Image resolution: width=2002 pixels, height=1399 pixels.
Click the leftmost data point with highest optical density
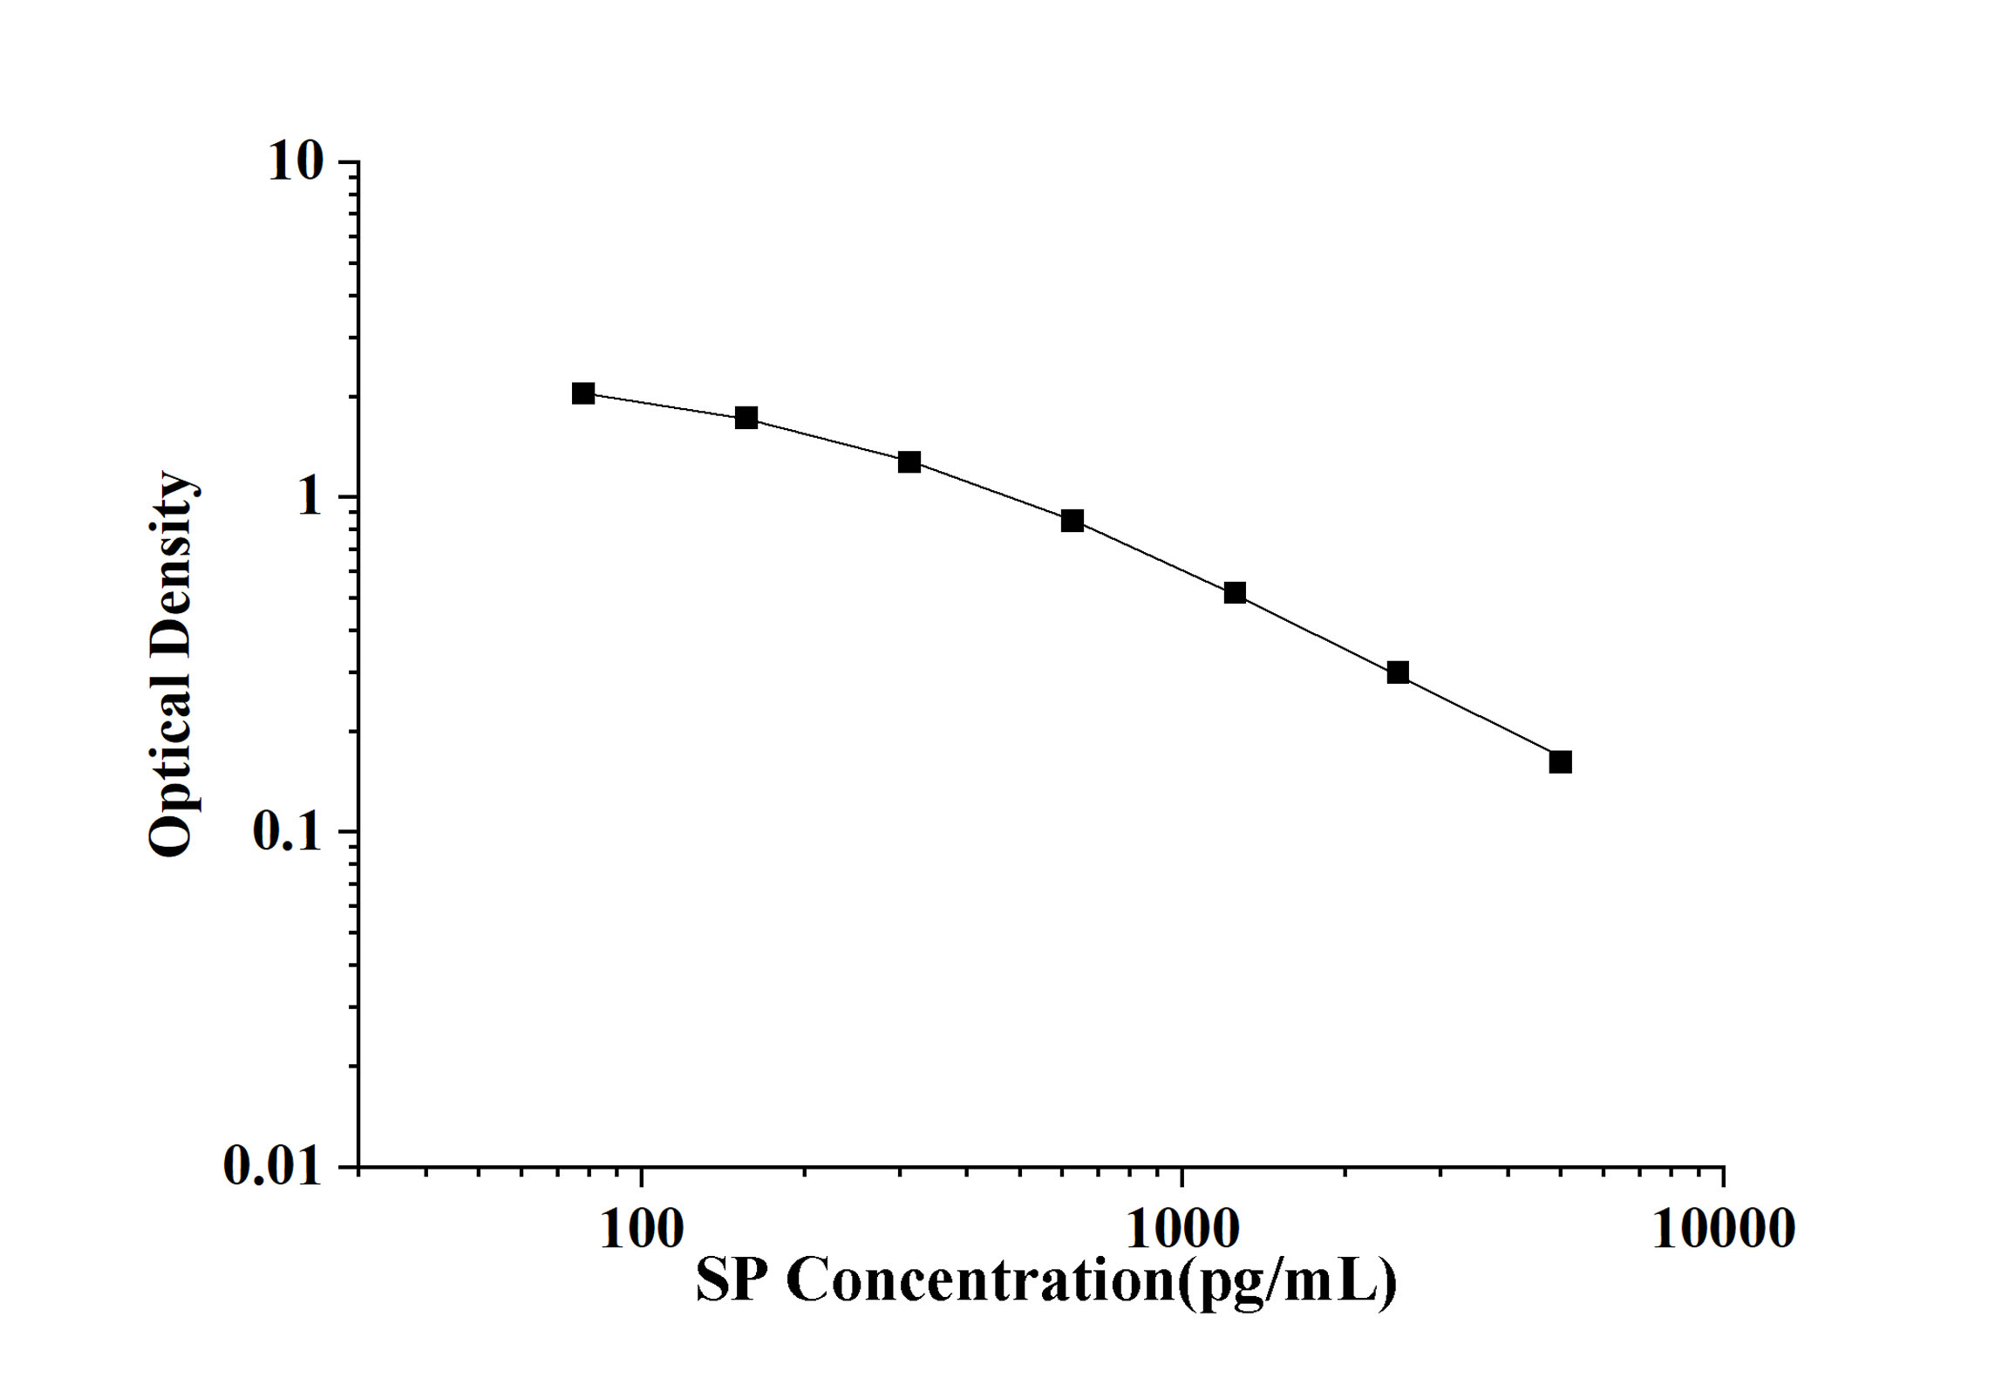point(583,393)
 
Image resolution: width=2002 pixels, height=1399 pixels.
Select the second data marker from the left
point(746,418)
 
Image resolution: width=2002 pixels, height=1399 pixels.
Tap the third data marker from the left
point(909,462)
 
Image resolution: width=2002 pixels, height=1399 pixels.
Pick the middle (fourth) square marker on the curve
point(1072,521)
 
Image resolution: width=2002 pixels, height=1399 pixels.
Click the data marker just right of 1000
point(1235,593)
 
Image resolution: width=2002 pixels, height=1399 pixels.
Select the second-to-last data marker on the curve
point(1398,672)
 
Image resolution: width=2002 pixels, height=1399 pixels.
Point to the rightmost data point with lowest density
point(1561,762)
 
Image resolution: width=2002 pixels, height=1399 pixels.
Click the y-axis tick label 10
point(296,162)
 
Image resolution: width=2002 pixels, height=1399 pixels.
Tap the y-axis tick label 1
point(310,497)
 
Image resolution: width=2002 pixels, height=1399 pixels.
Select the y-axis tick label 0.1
point(287,832)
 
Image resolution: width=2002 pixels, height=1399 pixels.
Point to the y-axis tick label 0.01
point(272,1165)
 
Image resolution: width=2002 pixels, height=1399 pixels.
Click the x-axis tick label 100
point(642,1231)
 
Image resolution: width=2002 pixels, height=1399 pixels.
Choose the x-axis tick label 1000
point(1182,1231)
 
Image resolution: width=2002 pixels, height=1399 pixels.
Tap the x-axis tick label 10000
point(1723,1231)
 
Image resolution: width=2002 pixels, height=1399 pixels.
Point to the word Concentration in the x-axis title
point(981,1280)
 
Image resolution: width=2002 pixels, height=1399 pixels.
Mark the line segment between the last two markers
point(1480,718)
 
